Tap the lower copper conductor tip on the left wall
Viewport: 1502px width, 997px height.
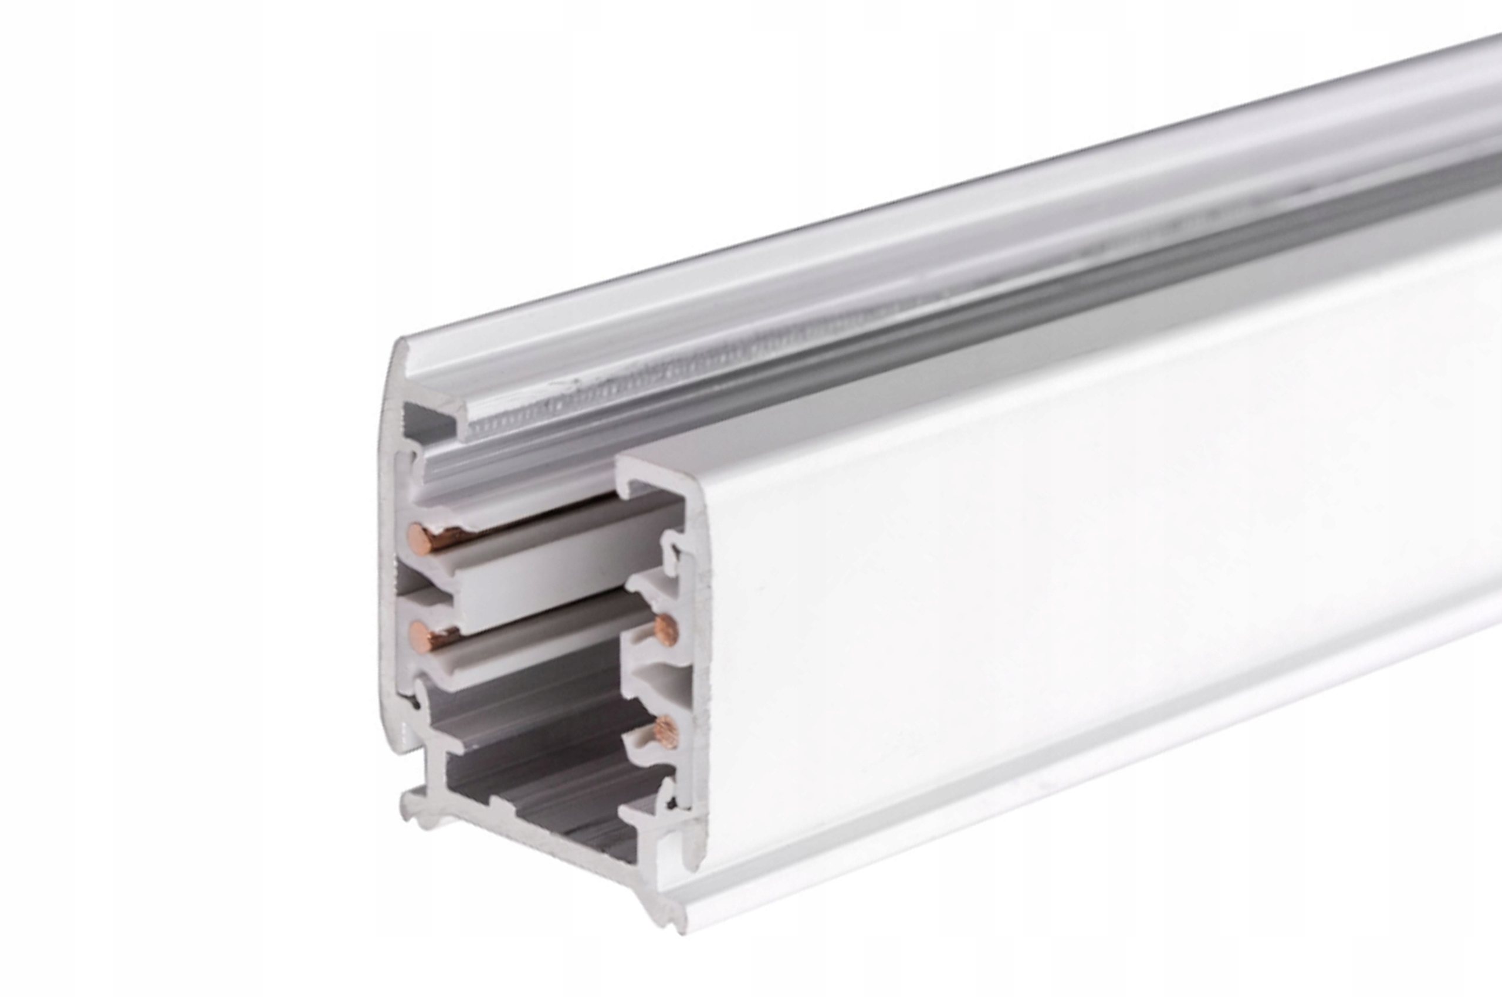[418, 633]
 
